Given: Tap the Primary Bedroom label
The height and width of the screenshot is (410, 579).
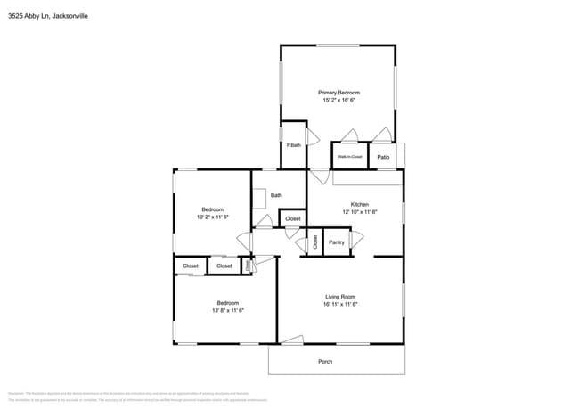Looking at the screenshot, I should (338, 93).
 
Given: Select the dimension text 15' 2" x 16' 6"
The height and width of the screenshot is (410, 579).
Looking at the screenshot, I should (338, 101).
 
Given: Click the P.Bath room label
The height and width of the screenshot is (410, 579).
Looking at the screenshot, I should (293, 145).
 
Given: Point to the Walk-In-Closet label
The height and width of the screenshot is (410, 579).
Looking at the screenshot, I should (349, 157).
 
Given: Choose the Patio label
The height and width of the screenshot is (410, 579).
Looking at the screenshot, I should (383, 157).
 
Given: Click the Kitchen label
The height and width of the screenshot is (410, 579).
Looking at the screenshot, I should (359, 204).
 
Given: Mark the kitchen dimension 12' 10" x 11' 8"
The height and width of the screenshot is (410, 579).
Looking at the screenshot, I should (359, 212).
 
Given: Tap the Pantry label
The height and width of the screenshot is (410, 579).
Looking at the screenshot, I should (337, 242).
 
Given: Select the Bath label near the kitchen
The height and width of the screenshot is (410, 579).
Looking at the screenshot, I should (276, 195).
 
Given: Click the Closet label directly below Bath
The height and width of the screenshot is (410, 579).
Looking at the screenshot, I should (292, 218).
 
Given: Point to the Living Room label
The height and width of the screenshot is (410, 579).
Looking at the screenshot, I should (340, 297).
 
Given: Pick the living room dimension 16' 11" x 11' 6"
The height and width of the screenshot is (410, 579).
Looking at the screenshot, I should (340, 305).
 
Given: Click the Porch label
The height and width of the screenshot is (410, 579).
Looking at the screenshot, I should (325, 361).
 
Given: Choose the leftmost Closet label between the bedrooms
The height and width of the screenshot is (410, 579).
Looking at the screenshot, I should (191, 266).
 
